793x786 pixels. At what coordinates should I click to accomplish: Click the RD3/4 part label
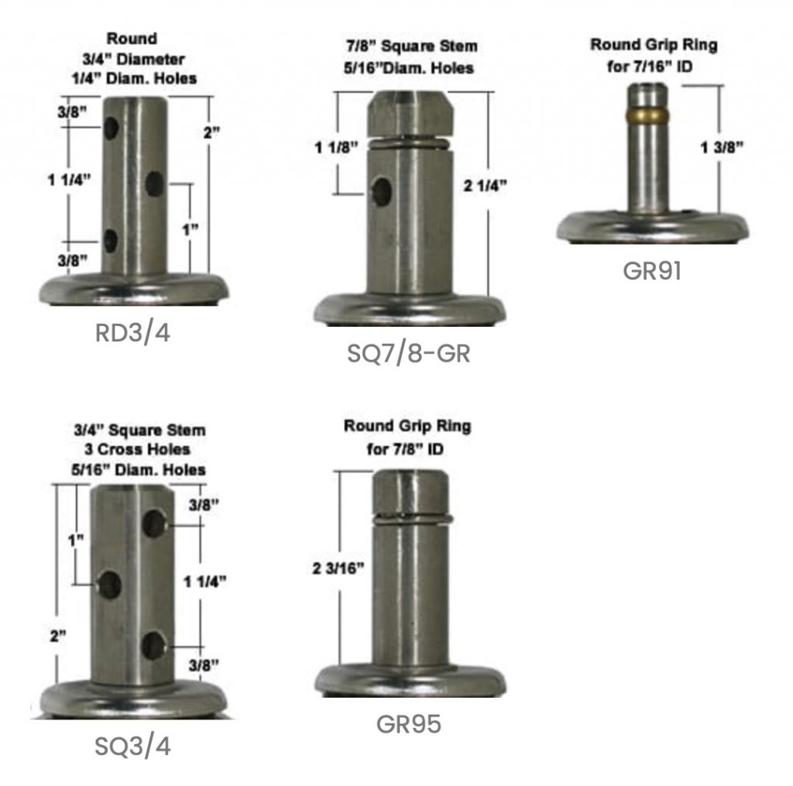(x=132, y=333)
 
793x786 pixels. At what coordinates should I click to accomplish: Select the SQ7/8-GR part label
(x=409, y=353)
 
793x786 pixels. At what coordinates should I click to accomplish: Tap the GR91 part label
(x=652, y=270)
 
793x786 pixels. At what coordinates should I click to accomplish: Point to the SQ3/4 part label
(x=132, y=747)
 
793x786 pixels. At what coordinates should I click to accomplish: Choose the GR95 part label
(x=409, y=724)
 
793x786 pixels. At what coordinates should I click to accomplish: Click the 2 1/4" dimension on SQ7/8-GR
(x=485, y=186)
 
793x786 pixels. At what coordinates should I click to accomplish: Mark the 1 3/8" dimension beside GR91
(x=722, y=147)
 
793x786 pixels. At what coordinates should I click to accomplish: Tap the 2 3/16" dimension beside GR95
(x=338, y=568)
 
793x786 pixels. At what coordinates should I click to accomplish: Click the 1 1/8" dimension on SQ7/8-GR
(x=336, y=147)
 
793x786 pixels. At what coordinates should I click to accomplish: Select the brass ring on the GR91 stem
(x=648, y=115)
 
